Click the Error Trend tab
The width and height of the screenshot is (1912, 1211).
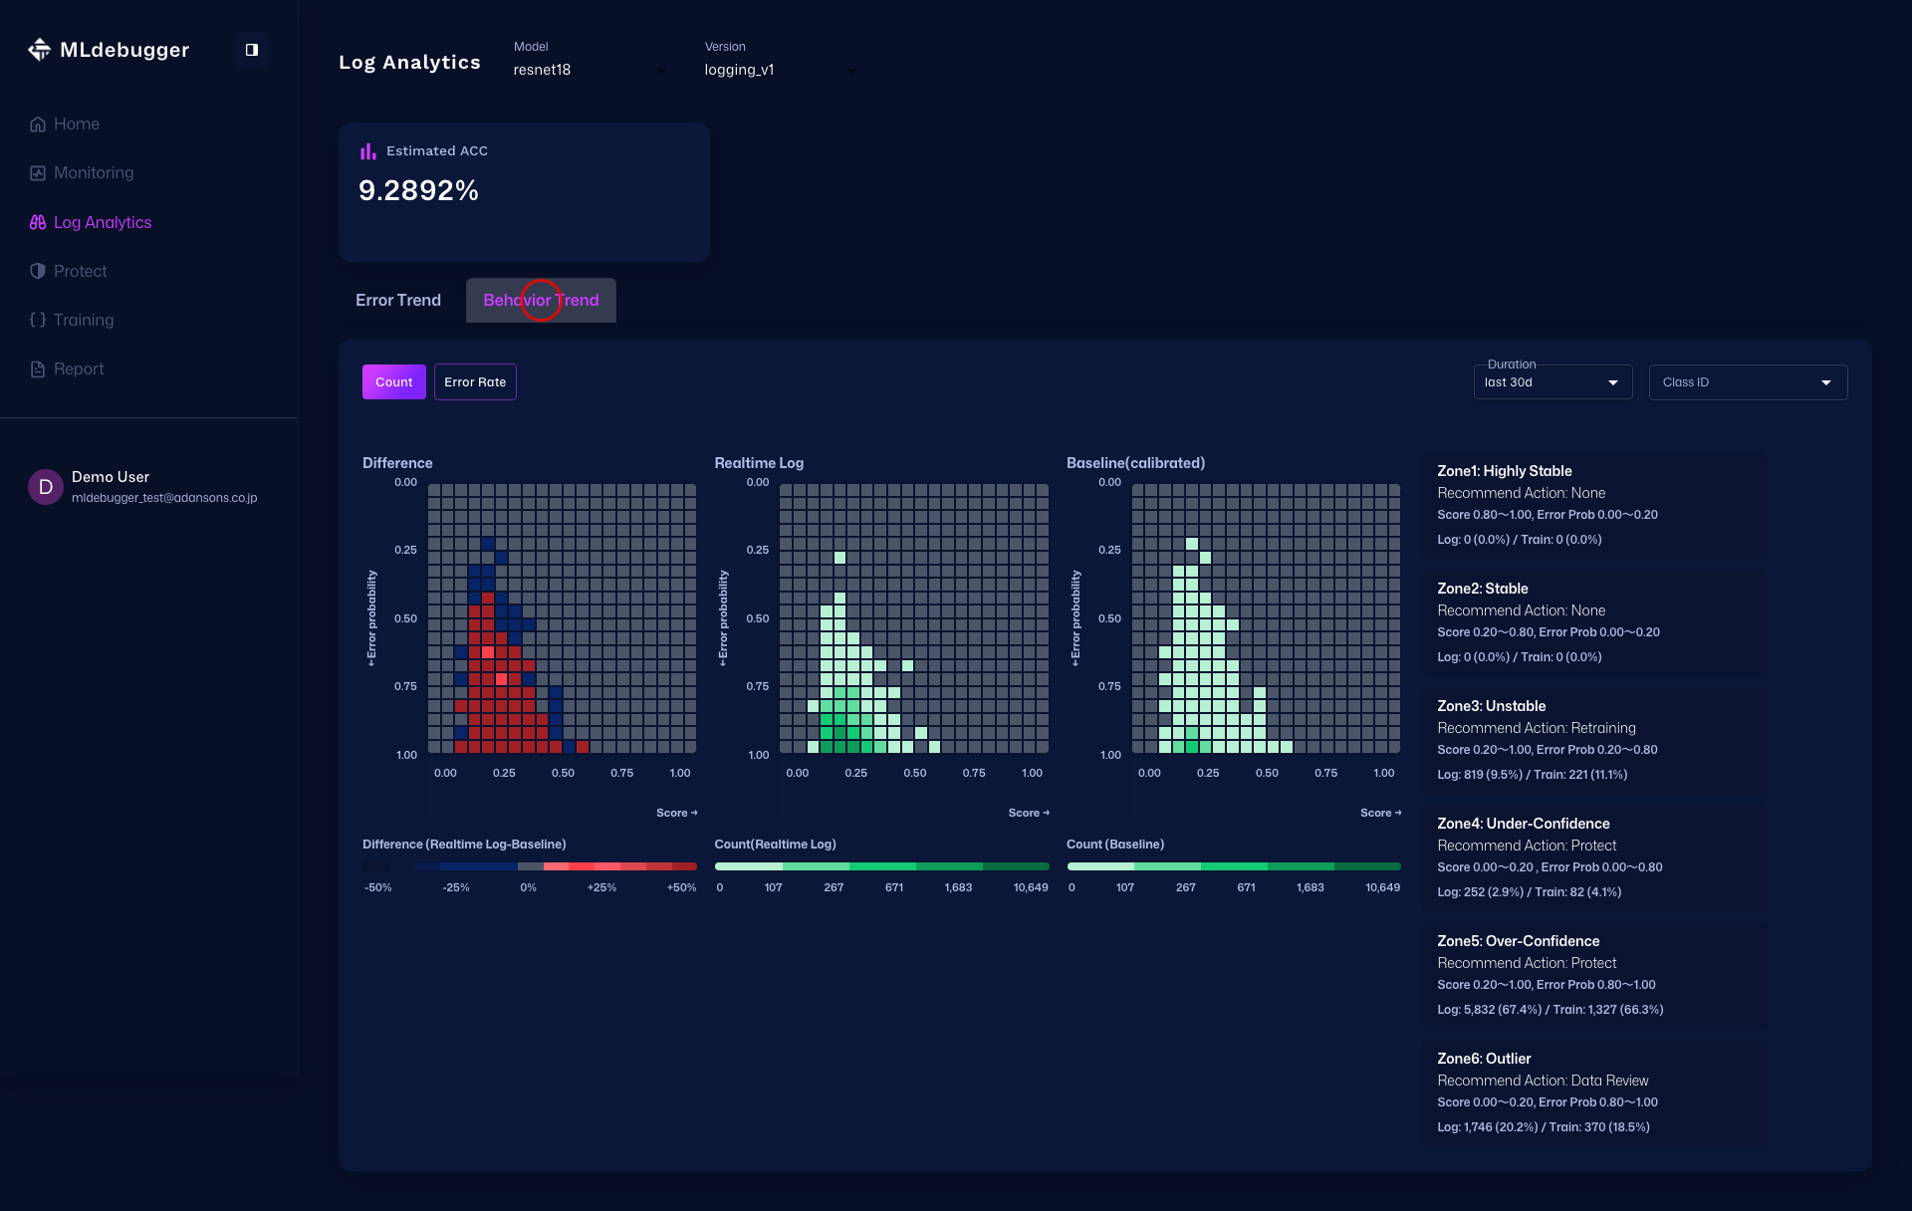[x=397, y=301]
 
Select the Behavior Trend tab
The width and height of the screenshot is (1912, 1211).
[x=541, y=301]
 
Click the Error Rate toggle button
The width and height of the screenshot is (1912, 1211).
[x=475, y=382]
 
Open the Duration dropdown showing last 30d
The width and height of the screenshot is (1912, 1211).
[x=1552, y=382]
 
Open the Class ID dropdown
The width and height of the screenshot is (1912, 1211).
[x=1748, y=382]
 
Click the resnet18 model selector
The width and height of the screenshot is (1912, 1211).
[x=590, y=70]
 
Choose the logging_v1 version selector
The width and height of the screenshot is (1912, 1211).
[x=781, y=70]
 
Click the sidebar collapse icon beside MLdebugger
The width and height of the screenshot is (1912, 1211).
[x=252, y=50]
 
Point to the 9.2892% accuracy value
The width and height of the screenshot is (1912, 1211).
[x=418, y=190]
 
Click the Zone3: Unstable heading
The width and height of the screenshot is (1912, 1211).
[x=1491, y=706]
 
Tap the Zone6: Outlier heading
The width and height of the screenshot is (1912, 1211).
[x=1484, y=1059]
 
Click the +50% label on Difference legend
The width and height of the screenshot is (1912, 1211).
[x=681, y=887]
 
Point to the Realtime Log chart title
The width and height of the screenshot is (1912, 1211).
[x=759, y=463]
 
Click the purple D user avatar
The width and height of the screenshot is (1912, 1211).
[x=45, y=487]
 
